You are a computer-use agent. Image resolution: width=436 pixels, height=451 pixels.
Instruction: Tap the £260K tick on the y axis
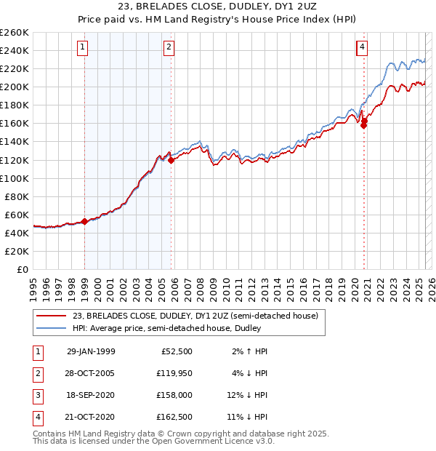tap(15, 33)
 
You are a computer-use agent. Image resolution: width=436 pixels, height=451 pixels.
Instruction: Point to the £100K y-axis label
tap(15, 178)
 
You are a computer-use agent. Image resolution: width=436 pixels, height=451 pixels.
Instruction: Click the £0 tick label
tap(23, 269)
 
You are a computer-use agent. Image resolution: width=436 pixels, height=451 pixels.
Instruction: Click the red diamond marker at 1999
tap(84, 221)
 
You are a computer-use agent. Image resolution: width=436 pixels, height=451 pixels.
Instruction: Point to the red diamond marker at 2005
tap(171, 160)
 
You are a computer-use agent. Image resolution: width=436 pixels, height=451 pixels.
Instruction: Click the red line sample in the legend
tap(51, 316)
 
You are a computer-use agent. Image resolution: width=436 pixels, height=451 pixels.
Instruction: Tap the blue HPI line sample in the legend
tap(51, 328)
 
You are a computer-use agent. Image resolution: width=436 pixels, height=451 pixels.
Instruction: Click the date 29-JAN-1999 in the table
tap(91, 351)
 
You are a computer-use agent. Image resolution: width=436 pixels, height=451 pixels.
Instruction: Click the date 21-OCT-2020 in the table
tap(91, 417)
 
